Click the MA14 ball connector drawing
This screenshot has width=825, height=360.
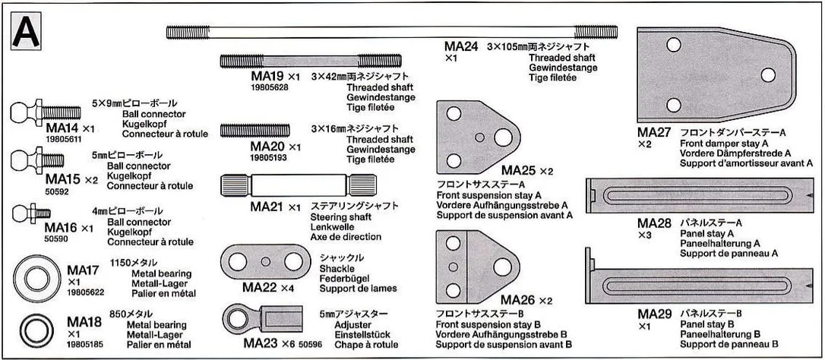46,112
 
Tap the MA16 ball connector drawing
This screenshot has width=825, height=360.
31,213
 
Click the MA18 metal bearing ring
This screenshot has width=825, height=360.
36,330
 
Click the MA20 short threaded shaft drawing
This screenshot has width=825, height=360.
254,130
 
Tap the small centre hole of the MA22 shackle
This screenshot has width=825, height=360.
266,261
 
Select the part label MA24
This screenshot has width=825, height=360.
461,47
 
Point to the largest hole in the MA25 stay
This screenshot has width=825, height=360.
503,137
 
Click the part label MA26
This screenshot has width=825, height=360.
518,301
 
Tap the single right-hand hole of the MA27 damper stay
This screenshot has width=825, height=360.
768,74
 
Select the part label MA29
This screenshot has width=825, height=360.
655,314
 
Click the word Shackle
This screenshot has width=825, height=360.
337,268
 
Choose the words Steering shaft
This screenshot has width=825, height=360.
341,217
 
